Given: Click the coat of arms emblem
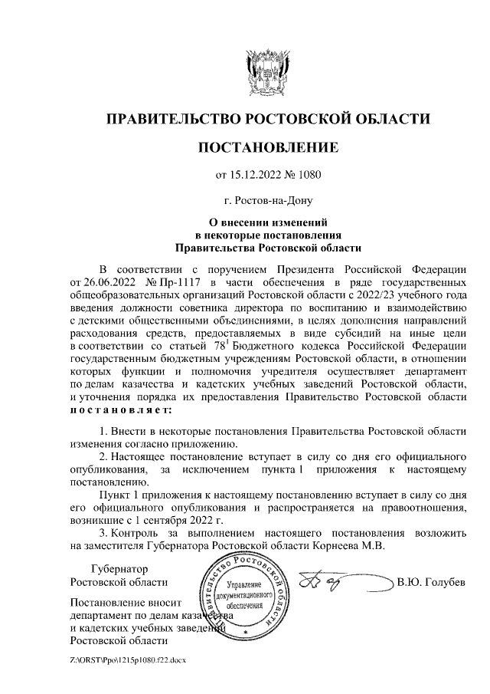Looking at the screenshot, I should [267, 74].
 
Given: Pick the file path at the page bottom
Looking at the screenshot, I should [128, 659].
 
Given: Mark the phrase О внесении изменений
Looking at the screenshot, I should [267, 223].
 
